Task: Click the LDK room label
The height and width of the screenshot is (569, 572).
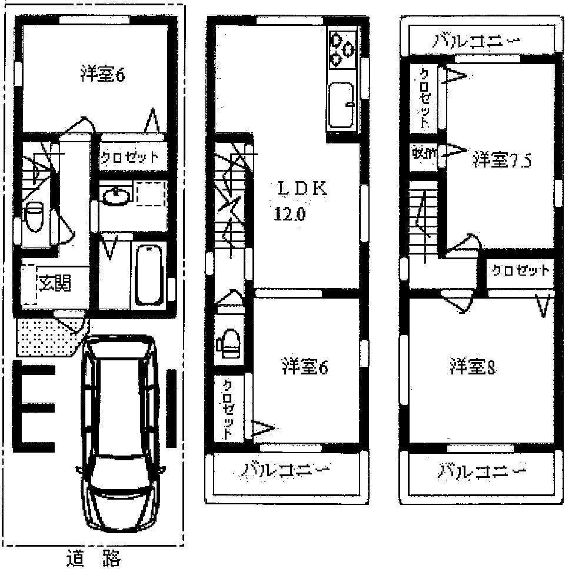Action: tap(302, 189)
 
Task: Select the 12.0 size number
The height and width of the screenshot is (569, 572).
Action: tap(289, 214)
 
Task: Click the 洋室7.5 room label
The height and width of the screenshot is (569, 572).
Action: tap(501, 160)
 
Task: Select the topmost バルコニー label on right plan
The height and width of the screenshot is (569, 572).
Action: tap(478, 41)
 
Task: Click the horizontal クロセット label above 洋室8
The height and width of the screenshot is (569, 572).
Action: tap(520, 271)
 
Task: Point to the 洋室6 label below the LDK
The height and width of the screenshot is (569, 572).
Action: tap(304, 367)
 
